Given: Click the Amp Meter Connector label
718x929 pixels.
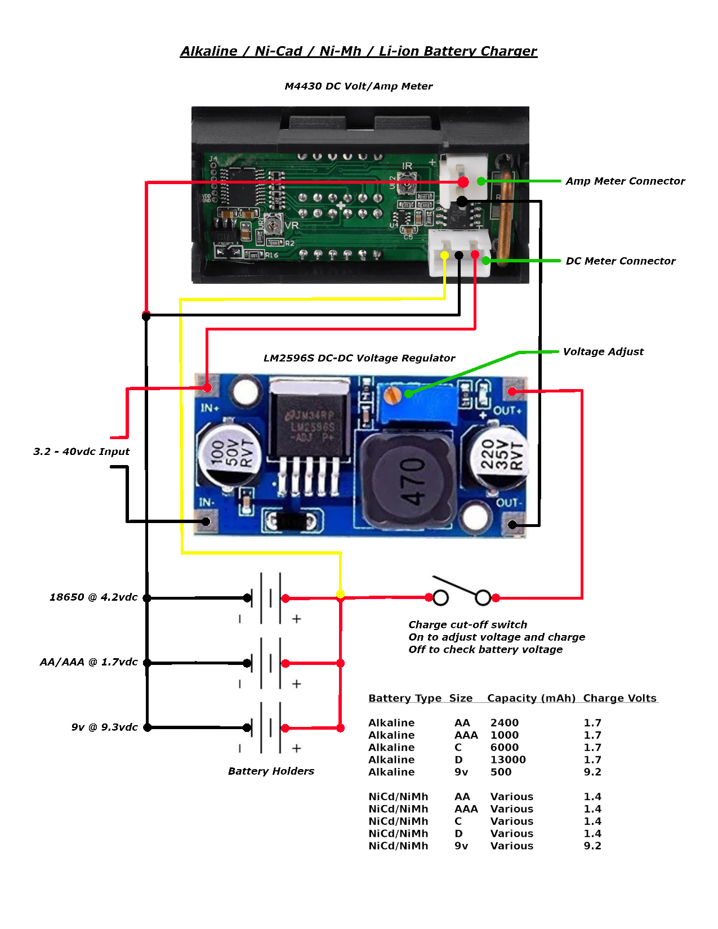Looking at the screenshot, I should point(625,181).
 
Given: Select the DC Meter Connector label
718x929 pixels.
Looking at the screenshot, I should point(620,261).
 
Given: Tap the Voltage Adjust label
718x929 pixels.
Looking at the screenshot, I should point(603,352).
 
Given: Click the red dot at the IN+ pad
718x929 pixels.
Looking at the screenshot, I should point(207,388).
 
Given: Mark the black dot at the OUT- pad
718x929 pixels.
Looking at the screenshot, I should point(512,525).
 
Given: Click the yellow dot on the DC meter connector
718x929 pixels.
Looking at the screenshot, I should point(444,256).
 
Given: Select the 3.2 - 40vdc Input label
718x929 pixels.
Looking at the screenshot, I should point(81,452).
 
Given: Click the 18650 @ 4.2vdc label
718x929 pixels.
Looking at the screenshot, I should point(93,597).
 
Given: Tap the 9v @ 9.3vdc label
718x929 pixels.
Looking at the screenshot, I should point(104,727).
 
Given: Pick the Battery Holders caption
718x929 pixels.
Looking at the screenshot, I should point(271,771).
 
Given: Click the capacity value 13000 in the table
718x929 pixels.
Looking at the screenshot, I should point(508,760).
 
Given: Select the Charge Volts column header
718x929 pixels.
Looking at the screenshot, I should point(619,698).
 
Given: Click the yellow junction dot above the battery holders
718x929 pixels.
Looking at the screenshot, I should point(340,594).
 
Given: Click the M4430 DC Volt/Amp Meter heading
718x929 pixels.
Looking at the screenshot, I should point(359,86).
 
